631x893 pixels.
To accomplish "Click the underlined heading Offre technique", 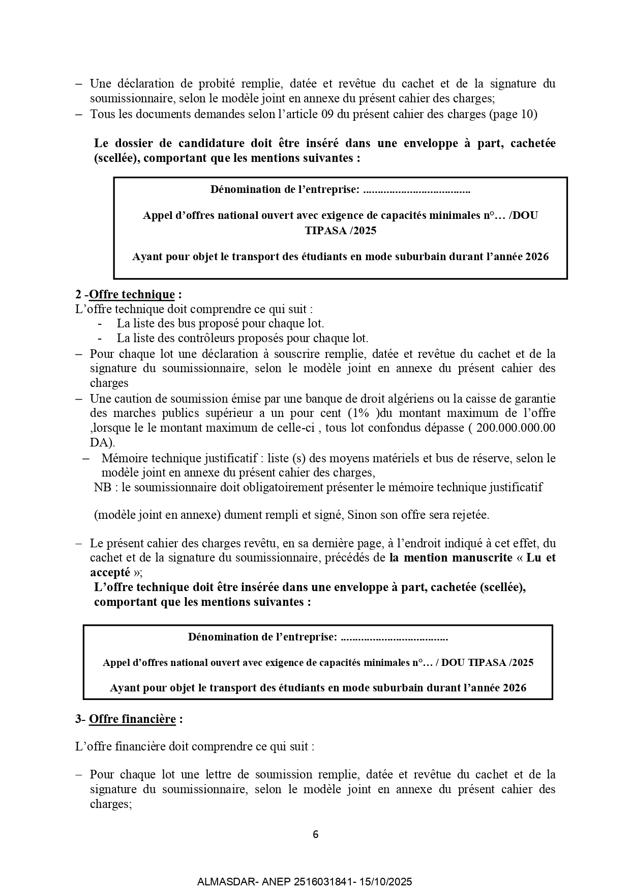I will (132, 294).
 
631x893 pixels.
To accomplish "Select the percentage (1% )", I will (364, 413).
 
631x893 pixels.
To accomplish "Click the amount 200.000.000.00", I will (516, 428).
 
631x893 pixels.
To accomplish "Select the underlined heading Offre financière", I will (132, 719).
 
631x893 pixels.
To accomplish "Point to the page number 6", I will (315, 834).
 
